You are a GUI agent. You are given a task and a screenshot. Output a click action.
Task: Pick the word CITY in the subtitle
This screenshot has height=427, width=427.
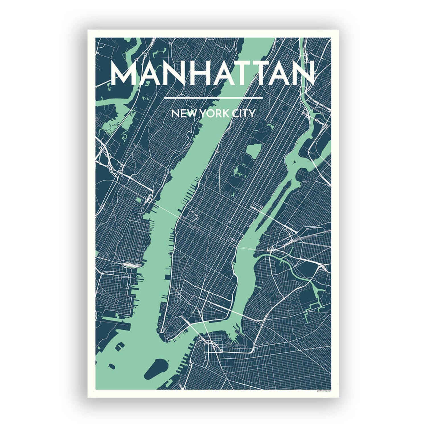[243, 114]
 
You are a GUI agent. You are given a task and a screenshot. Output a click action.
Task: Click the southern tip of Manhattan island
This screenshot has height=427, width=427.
[167, 339]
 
